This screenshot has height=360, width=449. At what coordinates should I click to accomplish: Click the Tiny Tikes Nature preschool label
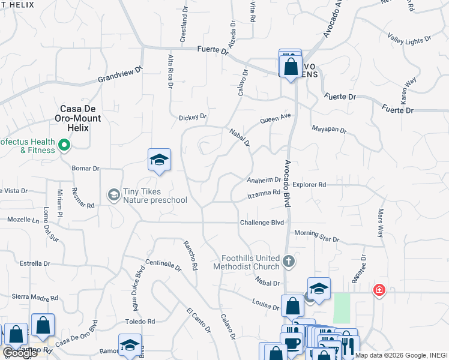[155, 196]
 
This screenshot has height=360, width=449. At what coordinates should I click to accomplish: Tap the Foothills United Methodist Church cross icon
[289, 261]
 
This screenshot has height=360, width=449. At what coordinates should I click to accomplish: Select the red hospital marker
[379, 290]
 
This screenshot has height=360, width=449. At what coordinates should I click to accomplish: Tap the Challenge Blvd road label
[261, 223]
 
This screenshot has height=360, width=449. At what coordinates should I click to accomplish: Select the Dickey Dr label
[193, 117]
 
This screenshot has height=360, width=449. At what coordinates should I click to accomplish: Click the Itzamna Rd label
[265, 194]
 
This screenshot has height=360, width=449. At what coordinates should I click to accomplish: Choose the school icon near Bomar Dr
[159, 160]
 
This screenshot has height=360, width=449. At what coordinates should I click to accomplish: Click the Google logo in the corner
[20, 353]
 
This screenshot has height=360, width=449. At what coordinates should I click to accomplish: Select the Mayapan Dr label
[330, 128]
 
